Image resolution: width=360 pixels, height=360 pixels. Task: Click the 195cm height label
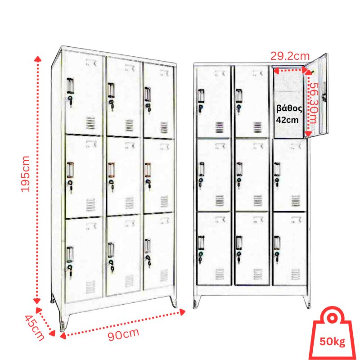click(x=26, y=174)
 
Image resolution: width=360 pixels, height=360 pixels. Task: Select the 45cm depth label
click(x=34, y=328)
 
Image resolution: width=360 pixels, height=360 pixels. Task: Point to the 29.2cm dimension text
click(x=290, y=56)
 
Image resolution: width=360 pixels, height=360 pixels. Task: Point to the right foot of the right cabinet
click(x=307, y=303)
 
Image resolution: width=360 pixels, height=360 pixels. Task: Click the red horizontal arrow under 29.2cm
click(x=290, y=71)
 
